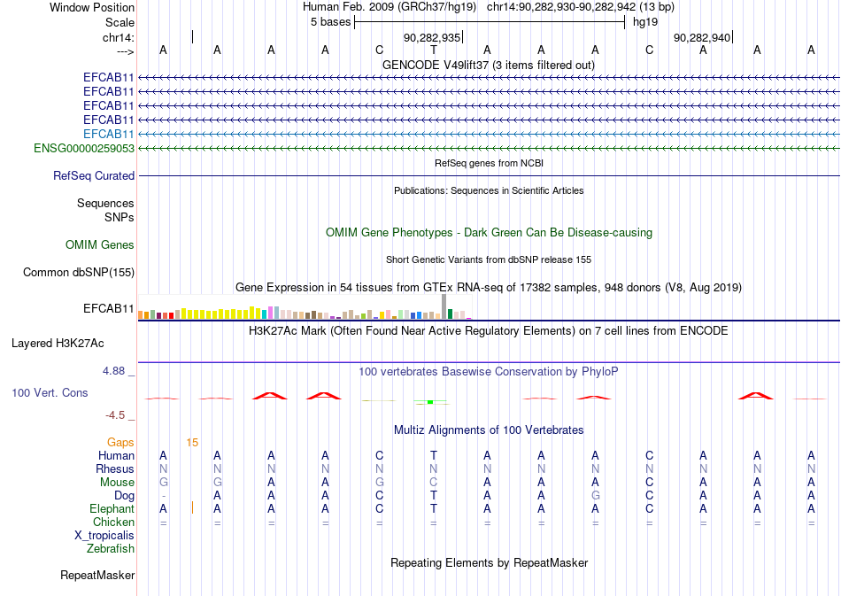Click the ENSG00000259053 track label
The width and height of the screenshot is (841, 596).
tap(84, 148)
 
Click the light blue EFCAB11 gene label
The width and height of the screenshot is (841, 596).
tap(109, 134)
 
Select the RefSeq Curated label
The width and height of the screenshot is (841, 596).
tap(94, 176)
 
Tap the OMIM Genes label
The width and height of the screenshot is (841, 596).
tap(100, 245)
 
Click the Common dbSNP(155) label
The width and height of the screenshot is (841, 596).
tap(79, 273)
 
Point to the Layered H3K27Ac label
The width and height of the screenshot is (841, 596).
tap(58, 344)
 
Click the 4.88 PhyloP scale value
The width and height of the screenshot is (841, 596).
tap(113, 371)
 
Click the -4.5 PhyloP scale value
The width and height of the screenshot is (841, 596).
tap(115, 415)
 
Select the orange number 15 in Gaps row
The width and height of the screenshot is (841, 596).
tap(192, 443)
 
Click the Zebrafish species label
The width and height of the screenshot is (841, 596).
tap(111, 549)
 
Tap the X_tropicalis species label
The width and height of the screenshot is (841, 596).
tap(104, 536)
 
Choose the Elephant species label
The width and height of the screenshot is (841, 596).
tap(112, 508)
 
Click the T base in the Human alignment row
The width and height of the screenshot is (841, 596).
tap(434, 455)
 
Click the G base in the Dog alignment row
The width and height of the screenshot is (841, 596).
tap(596, 495)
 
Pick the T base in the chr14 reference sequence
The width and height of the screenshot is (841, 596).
tap(434, 50)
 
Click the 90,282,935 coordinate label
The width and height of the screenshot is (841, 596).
tap(432, 37)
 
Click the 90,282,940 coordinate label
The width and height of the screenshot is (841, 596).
tap(702, 37)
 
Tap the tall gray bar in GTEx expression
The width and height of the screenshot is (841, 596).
tap(444, 306)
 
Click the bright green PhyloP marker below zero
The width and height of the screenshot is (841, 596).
tap(430, 402)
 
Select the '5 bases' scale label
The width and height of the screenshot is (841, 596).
tap(330, 22)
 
